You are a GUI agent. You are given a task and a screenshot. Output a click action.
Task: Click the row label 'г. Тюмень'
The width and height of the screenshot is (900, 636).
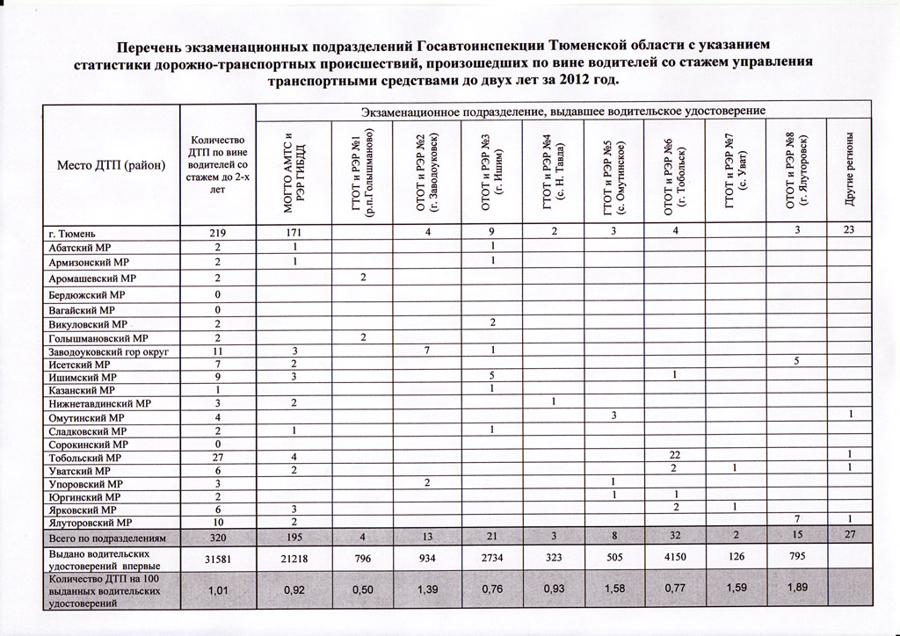pyautogui.click(x=70, y=233)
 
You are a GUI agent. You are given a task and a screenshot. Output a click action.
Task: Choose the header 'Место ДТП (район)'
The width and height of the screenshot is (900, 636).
pyautogui.click(x=112, y=166)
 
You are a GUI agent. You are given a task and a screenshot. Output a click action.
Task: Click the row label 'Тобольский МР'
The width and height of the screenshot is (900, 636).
pyautogui.click(x=84, y=458)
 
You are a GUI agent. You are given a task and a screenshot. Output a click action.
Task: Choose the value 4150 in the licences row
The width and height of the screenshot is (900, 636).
pyautogui.click(x=674, y=560)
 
